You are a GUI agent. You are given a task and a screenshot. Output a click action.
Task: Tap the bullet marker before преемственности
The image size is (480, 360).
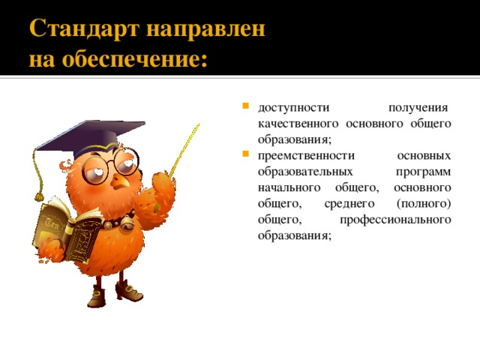click(245, 155)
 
